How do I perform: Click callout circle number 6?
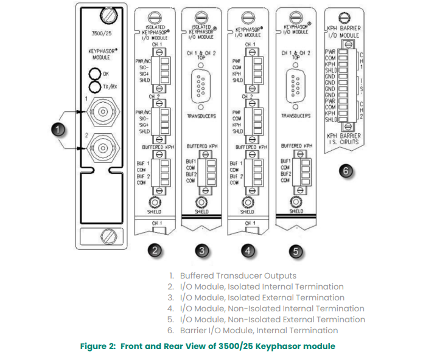click(346, 171)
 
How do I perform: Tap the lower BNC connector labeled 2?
click(100, 148)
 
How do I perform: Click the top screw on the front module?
click(110, 13)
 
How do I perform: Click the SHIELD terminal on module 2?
click(156, 202)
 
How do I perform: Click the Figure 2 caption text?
click(208, 346)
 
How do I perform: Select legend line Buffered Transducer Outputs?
click(237, 275)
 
